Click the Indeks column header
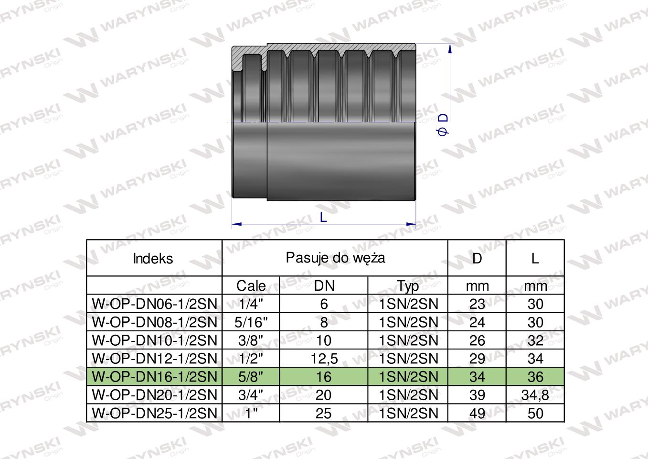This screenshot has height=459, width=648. tap(153, 259)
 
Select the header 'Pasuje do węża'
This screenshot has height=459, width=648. tap(335, 258)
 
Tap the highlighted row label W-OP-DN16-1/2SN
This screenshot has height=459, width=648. tap(154, 377)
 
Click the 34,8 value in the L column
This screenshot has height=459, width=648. tap(535, 395)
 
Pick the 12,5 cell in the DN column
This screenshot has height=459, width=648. tap(324, 359)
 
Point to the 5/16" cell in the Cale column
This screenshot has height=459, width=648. tap(251, 322)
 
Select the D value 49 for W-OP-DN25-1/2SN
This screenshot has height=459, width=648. tap(477, 413)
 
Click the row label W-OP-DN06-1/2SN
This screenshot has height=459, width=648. tap(154, 304)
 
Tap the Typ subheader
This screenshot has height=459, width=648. tap(408, 286)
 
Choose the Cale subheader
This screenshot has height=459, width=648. tap(251, 286)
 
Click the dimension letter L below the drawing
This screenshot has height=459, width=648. tap(323, 218)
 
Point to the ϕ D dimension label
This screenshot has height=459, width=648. tap(443, 124)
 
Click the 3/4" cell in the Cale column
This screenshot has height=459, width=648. tap(251, 395)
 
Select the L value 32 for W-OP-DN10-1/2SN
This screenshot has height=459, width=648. tap(535, 340)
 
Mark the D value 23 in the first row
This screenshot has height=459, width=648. tap(477, 304)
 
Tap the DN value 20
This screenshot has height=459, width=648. tap(324, 395)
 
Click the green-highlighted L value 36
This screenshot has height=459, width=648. tap(535, 377)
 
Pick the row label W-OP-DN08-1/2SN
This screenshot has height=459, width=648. tap(154, 322)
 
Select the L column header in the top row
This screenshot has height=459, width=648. tap(535, 259)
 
